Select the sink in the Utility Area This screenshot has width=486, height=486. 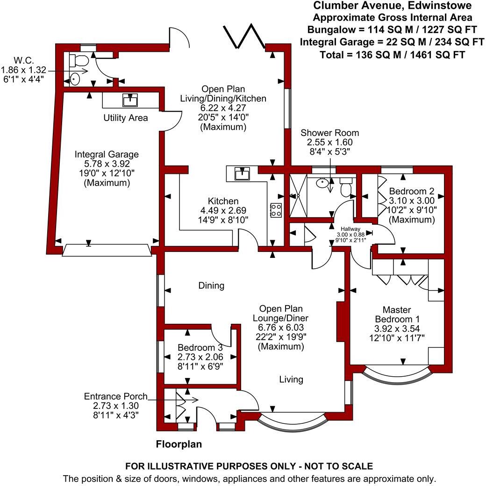click(x=129, y=100)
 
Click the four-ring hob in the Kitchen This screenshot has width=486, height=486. click(x=275, y=210)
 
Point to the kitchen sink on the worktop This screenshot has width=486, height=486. click(x=243, y=174)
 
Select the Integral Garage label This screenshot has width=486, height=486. click(x=107, y=154)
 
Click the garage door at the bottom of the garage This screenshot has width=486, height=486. click(x=107, y=250)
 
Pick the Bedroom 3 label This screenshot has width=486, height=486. click(x=200, y=348)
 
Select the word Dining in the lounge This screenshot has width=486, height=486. click(x=211, y=285)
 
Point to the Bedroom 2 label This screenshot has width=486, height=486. click(x=408, y=191)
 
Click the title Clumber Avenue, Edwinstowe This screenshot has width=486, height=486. click(x=392, y=6)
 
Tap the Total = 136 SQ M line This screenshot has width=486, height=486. click(x=392, y=54)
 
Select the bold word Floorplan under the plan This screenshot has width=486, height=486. click(x=179, y=444)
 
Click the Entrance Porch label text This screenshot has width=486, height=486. click(x=115, y=396)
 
